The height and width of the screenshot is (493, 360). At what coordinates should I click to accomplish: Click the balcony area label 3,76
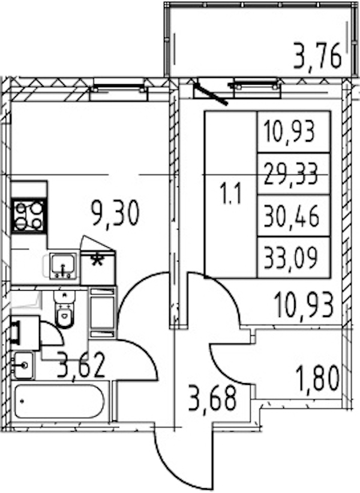point(317,56)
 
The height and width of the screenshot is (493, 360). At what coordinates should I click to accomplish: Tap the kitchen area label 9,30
point(115,213)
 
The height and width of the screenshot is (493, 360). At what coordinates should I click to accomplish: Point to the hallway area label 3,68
point(212,398)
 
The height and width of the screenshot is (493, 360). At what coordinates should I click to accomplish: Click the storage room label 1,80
point(317,377)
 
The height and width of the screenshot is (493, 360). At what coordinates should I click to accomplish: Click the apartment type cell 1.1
point(231,194)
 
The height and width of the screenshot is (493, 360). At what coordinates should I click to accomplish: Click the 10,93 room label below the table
point(304,304)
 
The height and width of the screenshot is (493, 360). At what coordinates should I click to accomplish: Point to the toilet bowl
point(64,309)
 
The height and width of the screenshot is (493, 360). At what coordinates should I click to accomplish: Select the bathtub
point(59,402)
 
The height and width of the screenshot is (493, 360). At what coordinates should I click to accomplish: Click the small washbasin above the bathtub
point(23,365)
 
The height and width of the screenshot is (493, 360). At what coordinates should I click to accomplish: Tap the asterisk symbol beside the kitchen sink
point(97,259)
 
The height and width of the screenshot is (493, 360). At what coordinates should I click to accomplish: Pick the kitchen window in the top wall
point(118,91)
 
